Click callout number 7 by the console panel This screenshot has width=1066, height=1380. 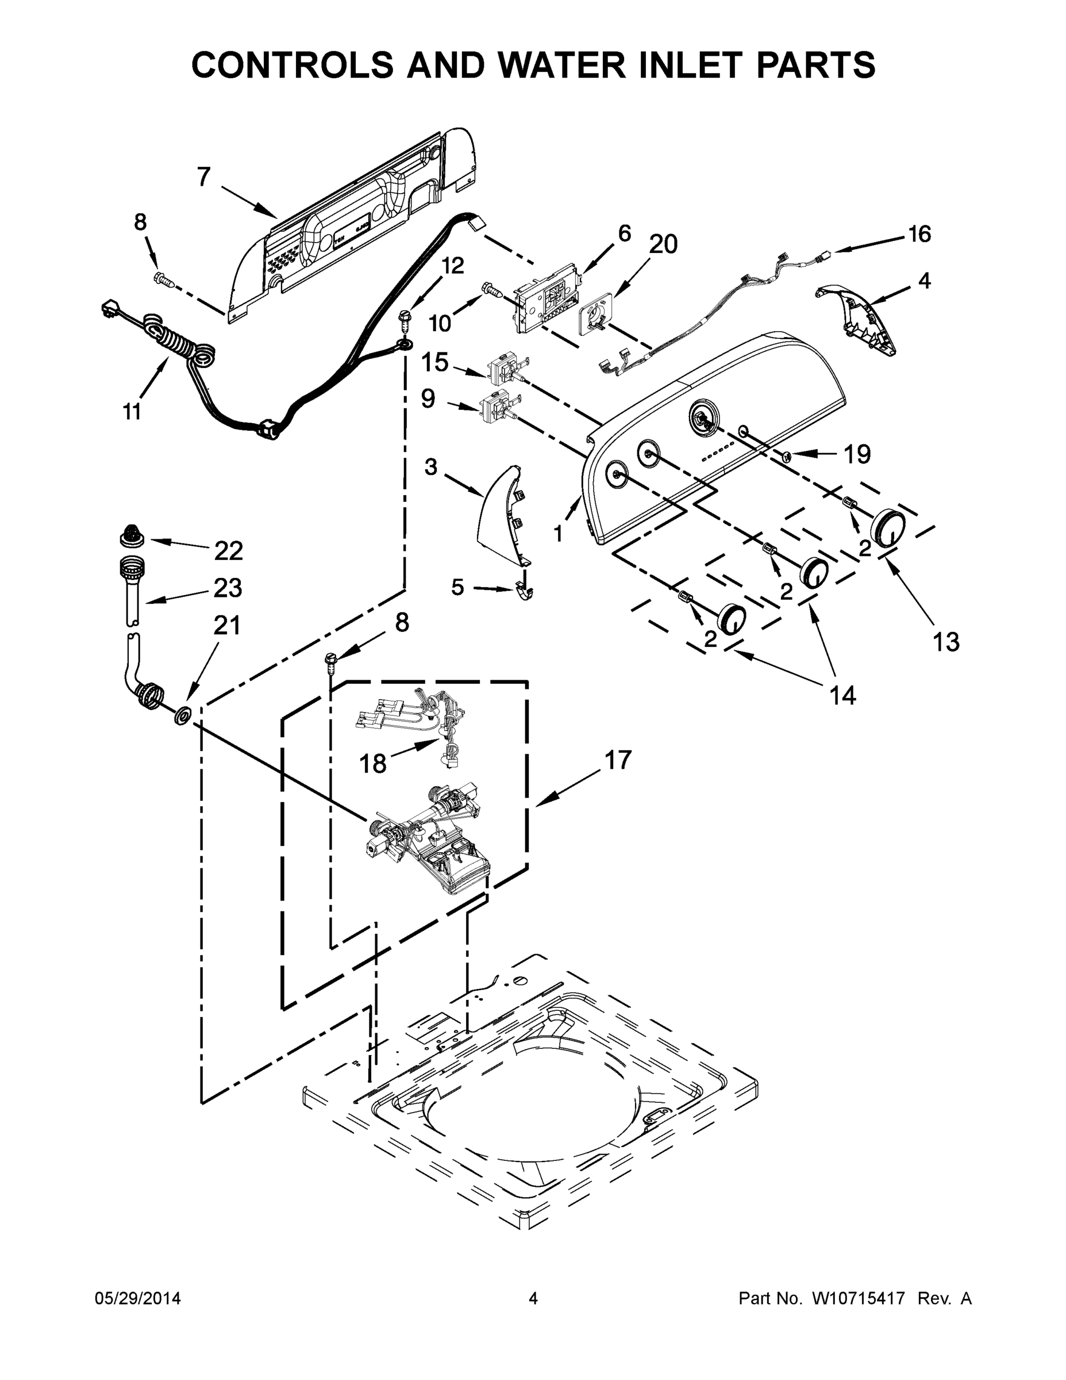(203, 177)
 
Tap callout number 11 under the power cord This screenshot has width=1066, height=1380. (132, 412)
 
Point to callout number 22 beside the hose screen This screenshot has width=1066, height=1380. (228, 551)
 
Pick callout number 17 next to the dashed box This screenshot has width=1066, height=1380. (618, 760)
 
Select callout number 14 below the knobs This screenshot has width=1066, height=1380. (842, 695)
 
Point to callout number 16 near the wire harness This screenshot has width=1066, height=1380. (919, 235)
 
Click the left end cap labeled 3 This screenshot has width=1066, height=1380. (502, 515)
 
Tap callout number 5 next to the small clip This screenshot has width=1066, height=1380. (458, 587)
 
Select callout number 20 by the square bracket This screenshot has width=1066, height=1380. (663, 244)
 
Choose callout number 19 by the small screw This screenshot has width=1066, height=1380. (857, 454)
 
